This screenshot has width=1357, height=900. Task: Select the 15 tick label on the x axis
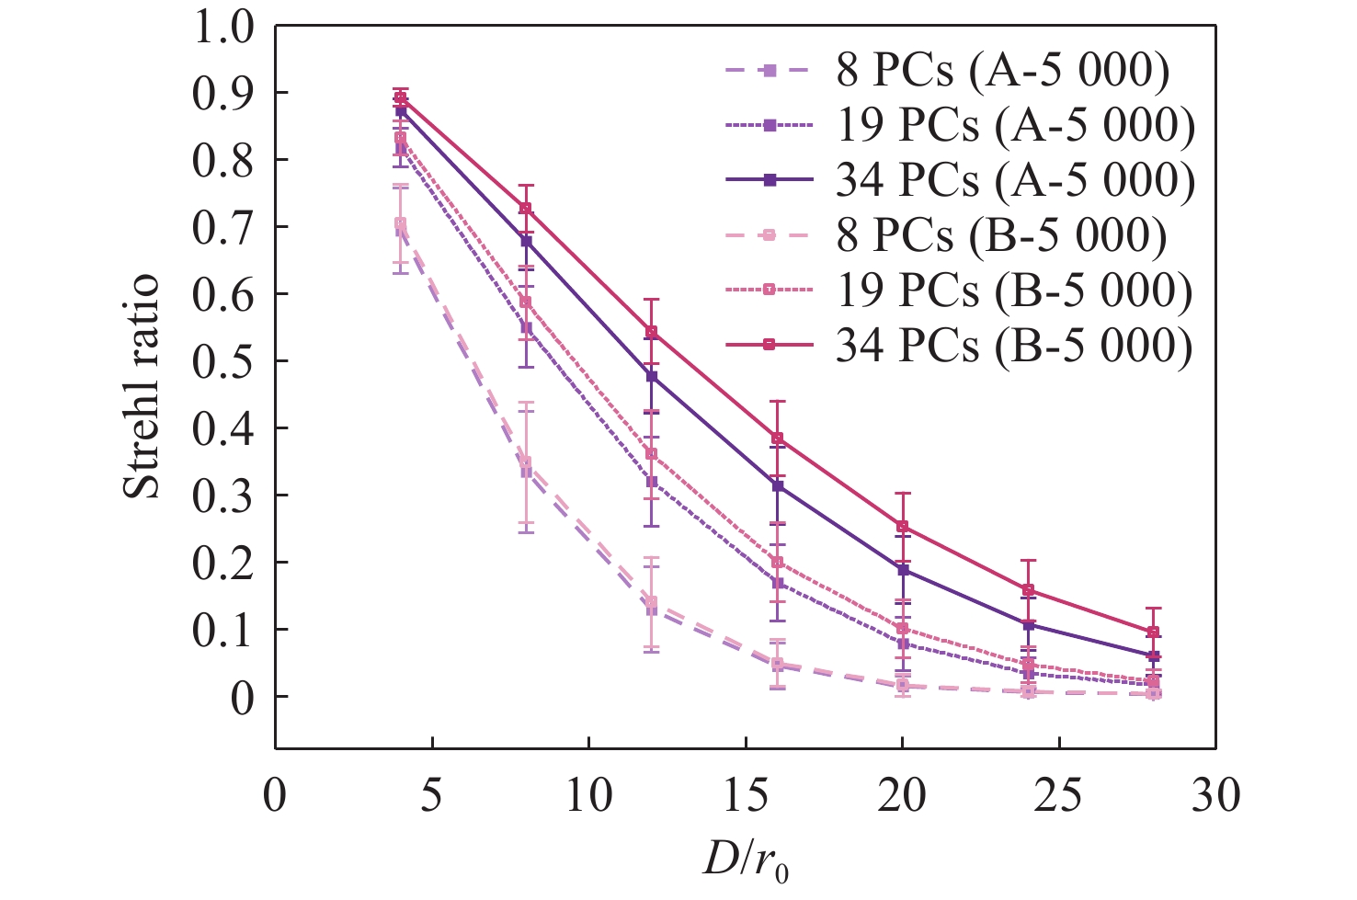746,796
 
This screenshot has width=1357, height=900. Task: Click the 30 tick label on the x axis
1216,796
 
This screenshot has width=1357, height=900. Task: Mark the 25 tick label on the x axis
1059,796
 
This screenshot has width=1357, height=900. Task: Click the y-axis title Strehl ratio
143,386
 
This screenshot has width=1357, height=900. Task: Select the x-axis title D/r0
745,860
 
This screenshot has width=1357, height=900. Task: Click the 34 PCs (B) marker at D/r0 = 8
526,209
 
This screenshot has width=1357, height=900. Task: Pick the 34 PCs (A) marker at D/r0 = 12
652,376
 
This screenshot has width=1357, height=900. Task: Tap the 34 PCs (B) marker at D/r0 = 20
903,527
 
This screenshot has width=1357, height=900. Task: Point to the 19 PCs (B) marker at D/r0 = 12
652,454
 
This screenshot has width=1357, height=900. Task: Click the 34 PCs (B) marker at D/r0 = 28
1153,632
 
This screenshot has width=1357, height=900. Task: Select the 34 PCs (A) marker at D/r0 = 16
778,485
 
